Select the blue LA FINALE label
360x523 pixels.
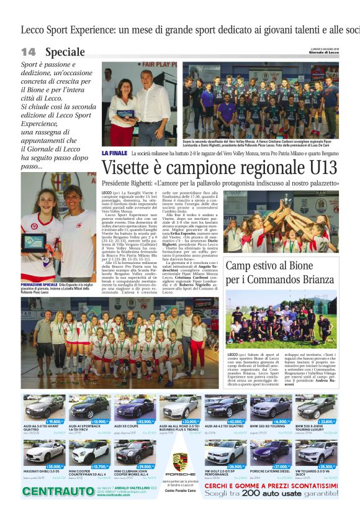(x=114, y=153)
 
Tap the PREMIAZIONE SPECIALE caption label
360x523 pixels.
(x=40, y=284)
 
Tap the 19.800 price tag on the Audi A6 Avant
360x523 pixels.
(x=53, y=404)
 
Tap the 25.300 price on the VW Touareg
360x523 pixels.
(x=328, y=466)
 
